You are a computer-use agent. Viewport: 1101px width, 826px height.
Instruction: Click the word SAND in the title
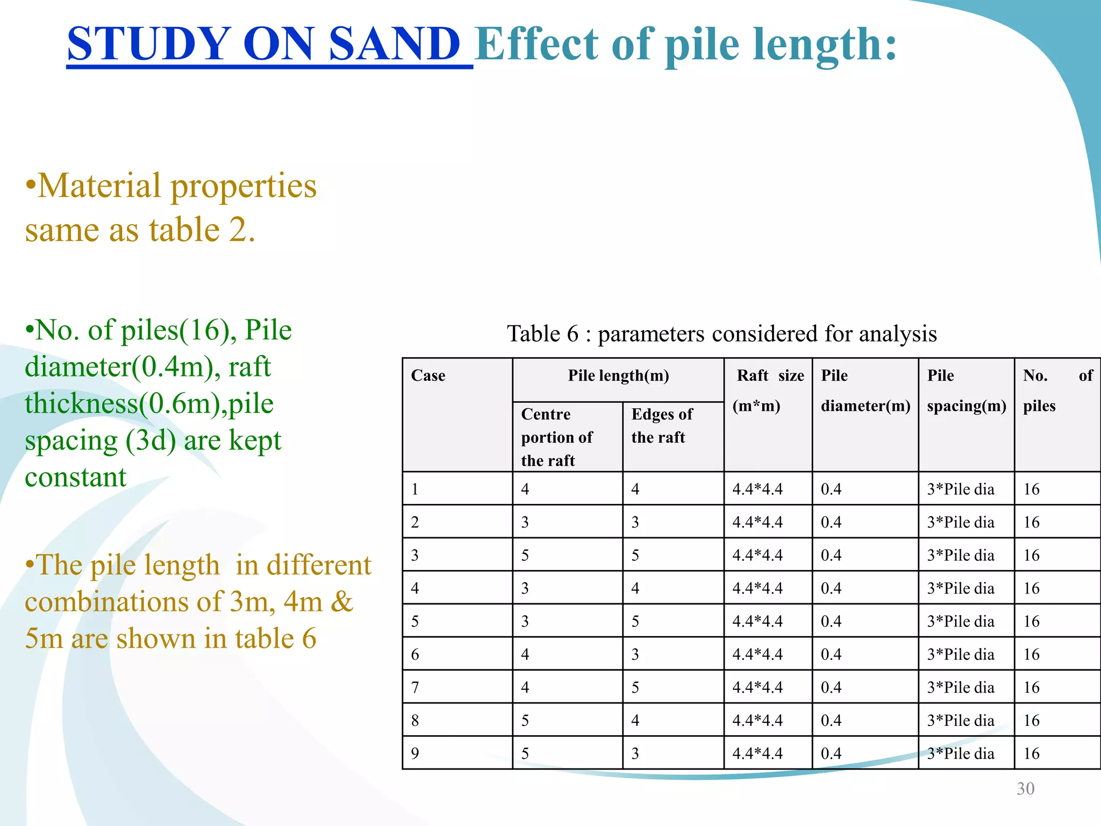pyautogui.click(x=394, y=44)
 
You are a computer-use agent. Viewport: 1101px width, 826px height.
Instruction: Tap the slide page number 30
pyautogui.click(x=1025, y=788)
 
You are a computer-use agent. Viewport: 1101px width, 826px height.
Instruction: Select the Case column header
pyautogui.click(x=428, y=375)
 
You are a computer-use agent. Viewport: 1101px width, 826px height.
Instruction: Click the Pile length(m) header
pyautogui.click(x=618, y=375)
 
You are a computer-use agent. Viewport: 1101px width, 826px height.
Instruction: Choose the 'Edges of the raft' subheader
pyautogui.click(x=662, y=425)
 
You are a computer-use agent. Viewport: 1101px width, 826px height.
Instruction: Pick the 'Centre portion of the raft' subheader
pyautogui.click(x=556, y=437)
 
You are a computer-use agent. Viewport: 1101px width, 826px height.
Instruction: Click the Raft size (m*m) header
pyautogui.click(x=768, y=390)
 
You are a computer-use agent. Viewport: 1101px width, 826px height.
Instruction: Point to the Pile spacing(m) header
pyautogui.click(x=966, y=390)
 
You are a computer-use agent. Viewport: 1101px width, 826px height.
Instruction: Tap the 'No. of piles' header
pyautogui.click(x=1057, y=390)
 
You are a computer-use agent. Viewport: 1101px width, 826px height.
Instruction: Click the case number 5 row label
pyautogui.click(x=415, y=621)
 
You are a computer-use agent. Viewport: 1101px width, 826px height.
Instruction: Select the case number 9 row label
pyautogui.click(x=415, y=753)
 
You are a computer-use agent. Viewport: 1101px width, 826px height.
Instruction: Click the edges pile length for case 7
pyautogui.click(x=635, y=687)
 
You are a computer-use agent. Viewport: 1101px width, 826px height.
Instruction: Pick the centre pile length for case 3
pyautogui.click(x=525, y=555)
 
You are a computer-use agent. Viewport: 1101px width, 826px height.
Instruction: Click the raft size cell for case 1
pyautogui.click(x=757, y=489)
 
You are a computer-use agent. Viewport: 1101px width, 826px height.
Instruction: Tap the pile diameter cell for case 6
pyautogui.click(x=831, y=654)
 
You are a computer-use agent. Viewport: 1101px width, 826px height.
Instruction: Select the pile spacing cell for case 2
pyautogui.click(x=961, y=522)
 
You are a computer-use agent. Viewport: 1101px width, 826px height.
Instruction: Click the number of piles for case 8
pyautogui.click(x=1031, y=721)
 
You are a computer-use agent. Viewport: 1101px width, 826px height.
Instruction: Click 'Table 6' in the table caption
pyautogui.click(x=542, y=334)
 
